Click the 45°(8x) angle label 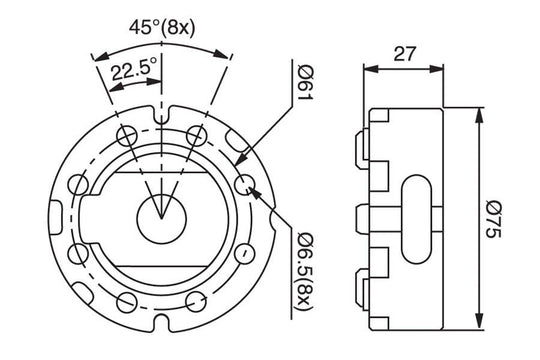[x=162, y=27]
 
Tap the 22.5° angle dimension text [x=134, y=69]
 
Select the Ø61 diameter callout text [x=305, y=83]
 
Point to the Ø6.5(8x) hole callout [x=305, y=271]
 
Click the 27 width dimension [x=405, y=53]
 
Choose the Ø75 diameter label [x=494, y=220]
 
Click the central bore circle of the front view [x=162, y=219]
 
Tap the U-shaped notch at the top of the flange [x=162, y=115]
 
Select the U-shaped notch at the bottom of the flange [x=162, y=323]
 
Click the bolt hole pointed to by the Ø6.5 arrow [x=245, y=184]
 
